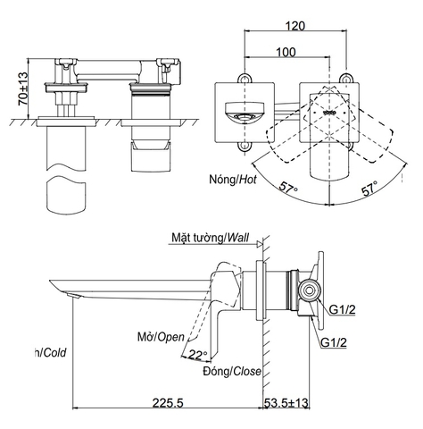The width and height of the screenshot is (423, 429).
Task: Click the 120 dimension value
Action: pyautogui.click(x=298, y=28)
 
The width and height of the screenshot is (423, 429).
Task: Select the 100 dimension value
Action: pyautogui.click(x=286, y=53)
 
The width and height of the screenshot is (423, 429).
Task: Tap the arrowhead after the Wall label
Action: pyautogui.click(x=257, y=239)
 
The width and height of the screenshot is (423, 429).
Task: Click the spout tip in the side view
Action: pyautogui.click(x=54, y=285)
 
